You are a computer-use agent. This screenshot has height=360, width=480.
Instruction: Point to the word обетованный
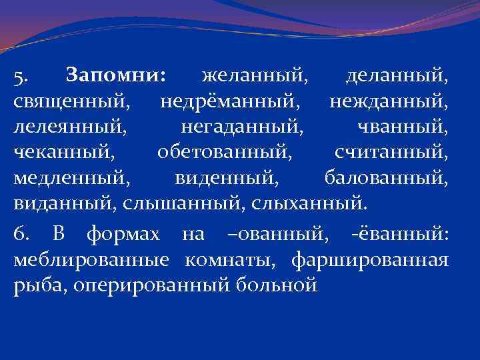[x=225, y=152]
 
